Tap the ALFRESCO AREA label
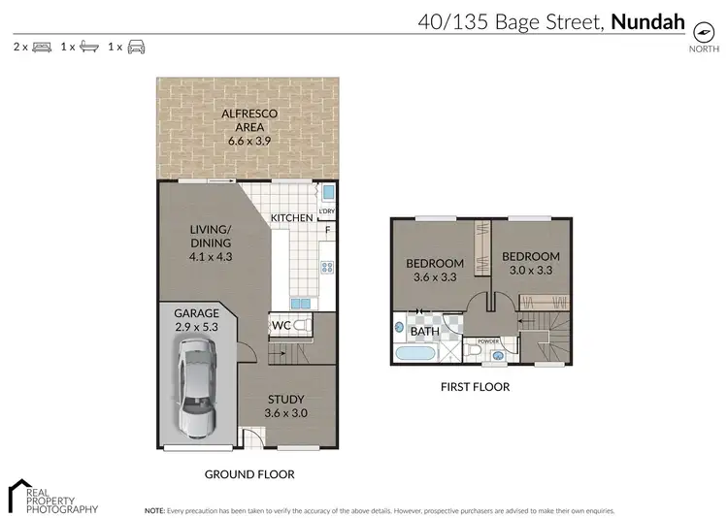tap(249, 114)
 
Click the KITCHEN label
tap(291, 218)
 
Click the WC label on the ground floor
tap(281, 325)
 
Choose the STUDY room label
tap(285, 400)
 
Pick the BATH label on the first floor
tap(425, 332)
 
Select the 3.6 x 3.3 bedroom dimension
tap(434, 277)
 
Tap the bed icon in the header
tap(41, 47)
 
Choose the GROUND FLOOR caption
tap(249, 474)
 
